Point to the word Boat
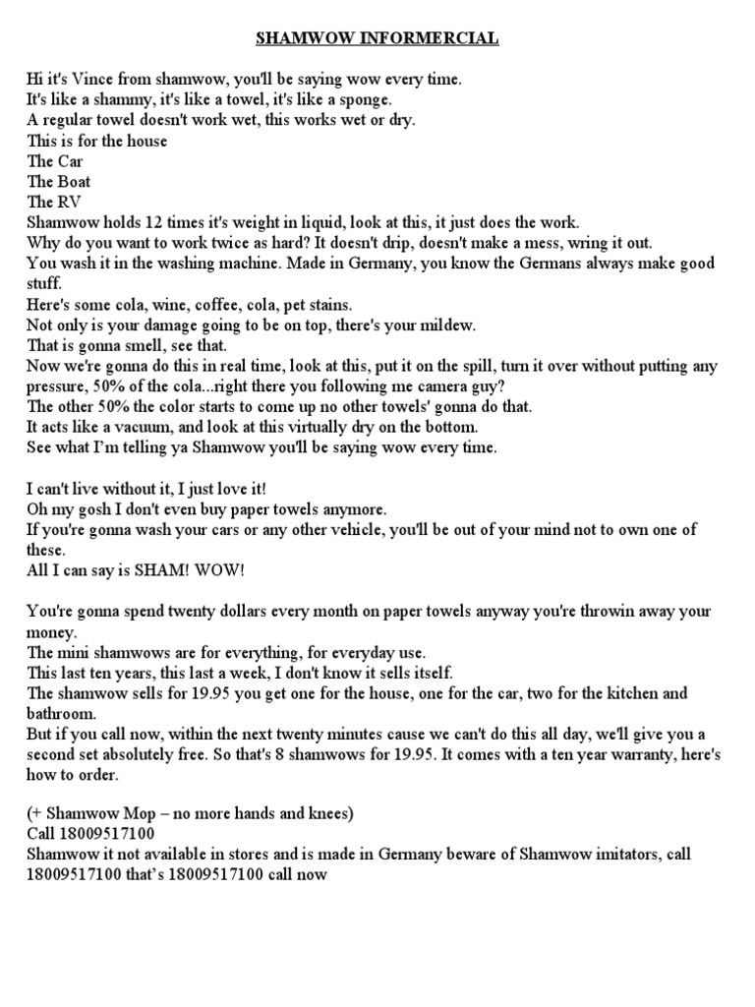pyautogui.click(x=73, y=182)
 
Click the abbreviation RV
pyautogui.click(x=69, y=203)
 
